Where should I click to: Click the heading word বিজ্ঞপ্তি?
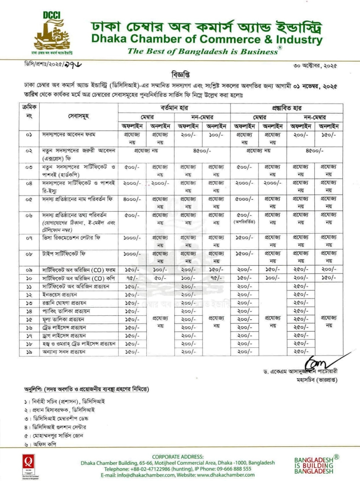click(180, 75)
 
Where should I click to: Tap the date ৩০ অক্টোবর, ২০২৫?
click(315, 66)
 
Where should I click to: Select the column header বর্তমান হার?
click(174, 108)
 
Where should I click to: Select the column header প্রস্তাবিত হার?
click(287, 108)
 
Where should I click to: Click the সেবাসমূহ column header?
click(78, 116)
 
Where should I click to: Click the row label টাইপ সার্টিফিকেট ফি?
click(64, 254)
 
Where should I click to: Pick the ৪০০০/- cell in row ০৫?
click(132, 199)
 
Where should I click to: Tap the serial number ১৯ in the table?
click(29, 352)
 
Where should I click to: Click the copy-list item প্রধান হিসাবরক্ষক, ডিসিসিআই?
click(63, 410)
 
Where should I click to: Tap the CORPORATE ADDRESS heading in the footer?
click(178, 456)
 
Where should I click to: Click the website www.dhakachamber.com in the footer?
click(226, 475)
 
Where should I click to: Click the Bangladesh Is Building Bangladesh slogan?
click(314, 465)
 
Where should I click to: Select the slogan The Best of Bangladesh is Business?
click(203, 51)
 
